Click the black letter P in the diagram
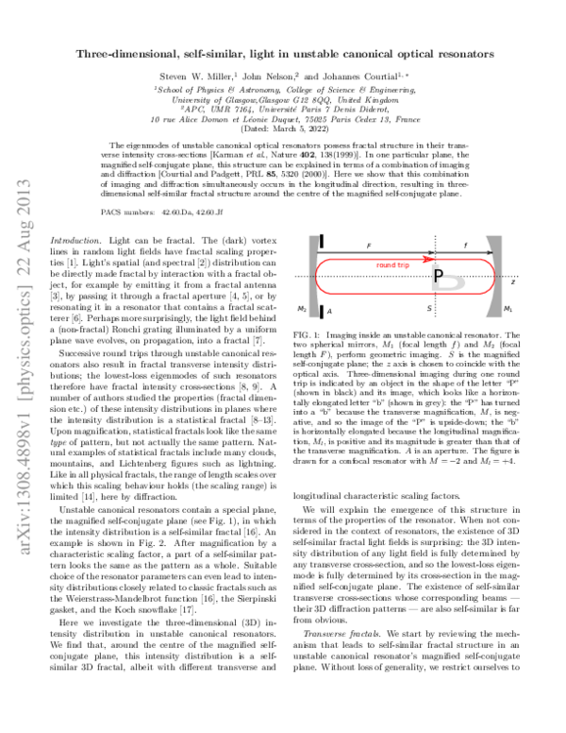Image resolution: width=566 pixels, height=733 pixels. click(437, 275)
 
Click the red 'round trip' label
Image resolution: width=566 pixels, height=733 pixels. click(391, 265)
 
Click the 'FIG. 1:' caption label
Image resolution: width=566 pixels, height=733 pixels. click(309, 336)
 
